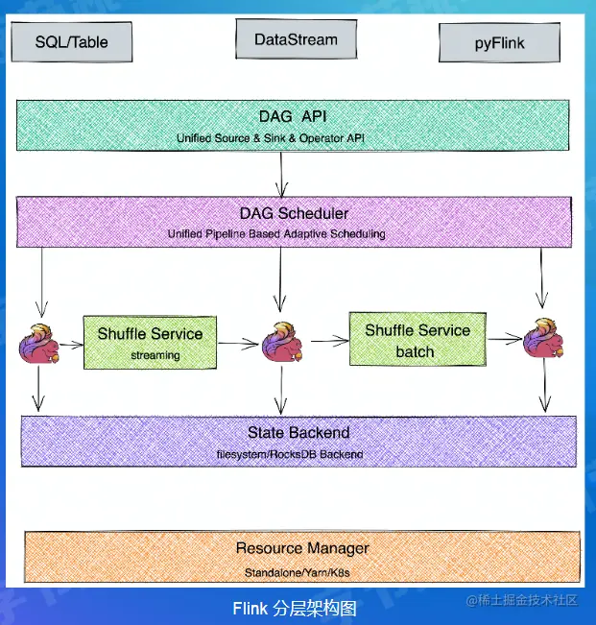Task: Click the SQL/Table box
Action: [71, 42]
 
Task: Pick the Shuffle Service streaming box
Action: [150, 342]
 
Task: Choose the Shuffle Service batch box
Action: [417, 340]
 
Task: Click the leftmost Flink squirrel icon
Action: [40, 344]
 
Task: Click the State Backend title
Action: [299, 432]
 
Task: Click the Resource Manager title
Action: [301, 548]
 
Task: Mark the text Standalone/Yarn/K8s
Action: [301, 572]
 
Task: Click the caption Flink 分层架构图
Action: [295, 609]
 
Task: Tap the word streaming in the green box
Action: [150, 355]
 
